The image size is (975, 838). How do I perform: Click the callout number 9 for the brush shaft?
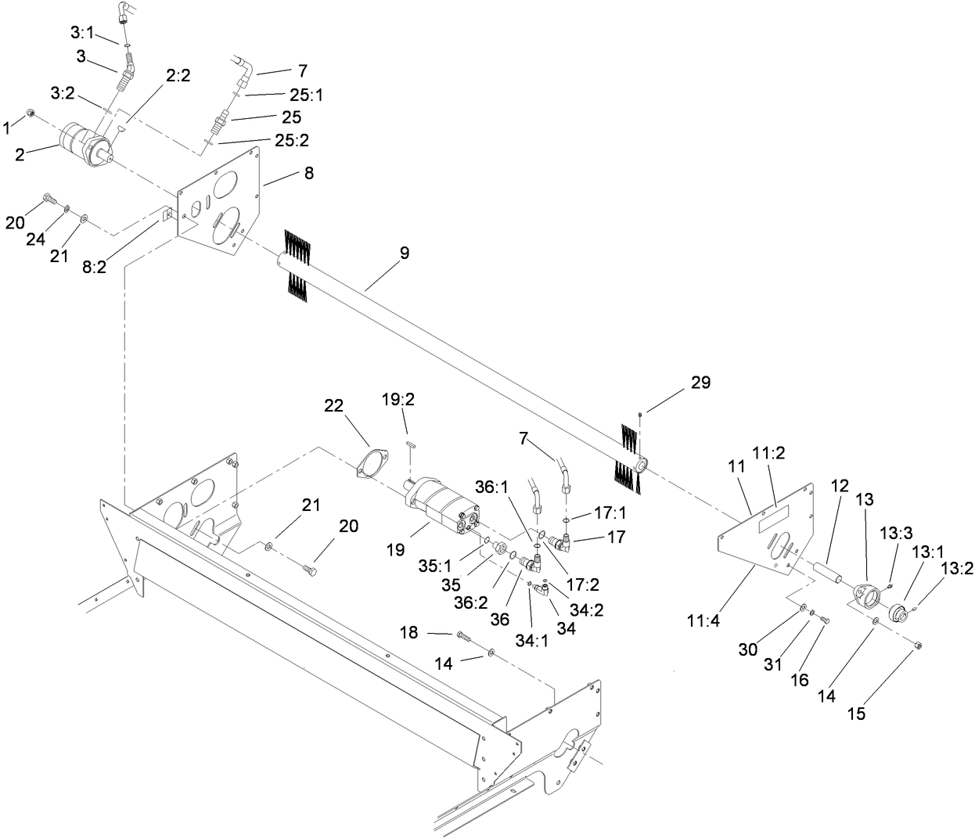click(x=404, y=254)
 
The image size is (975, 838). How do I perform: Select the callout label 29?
click(x=700, y=382)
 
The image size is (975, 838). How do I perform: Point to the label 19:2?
click(x=398, y=399)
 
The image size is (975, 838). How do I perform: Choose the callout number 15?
click(x=857, y=714)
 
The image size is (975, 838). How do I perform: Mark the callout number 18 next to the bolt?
click(x=409, y=631)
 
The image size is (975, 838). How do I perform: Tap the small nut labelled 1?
click(x=30, y=115)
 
